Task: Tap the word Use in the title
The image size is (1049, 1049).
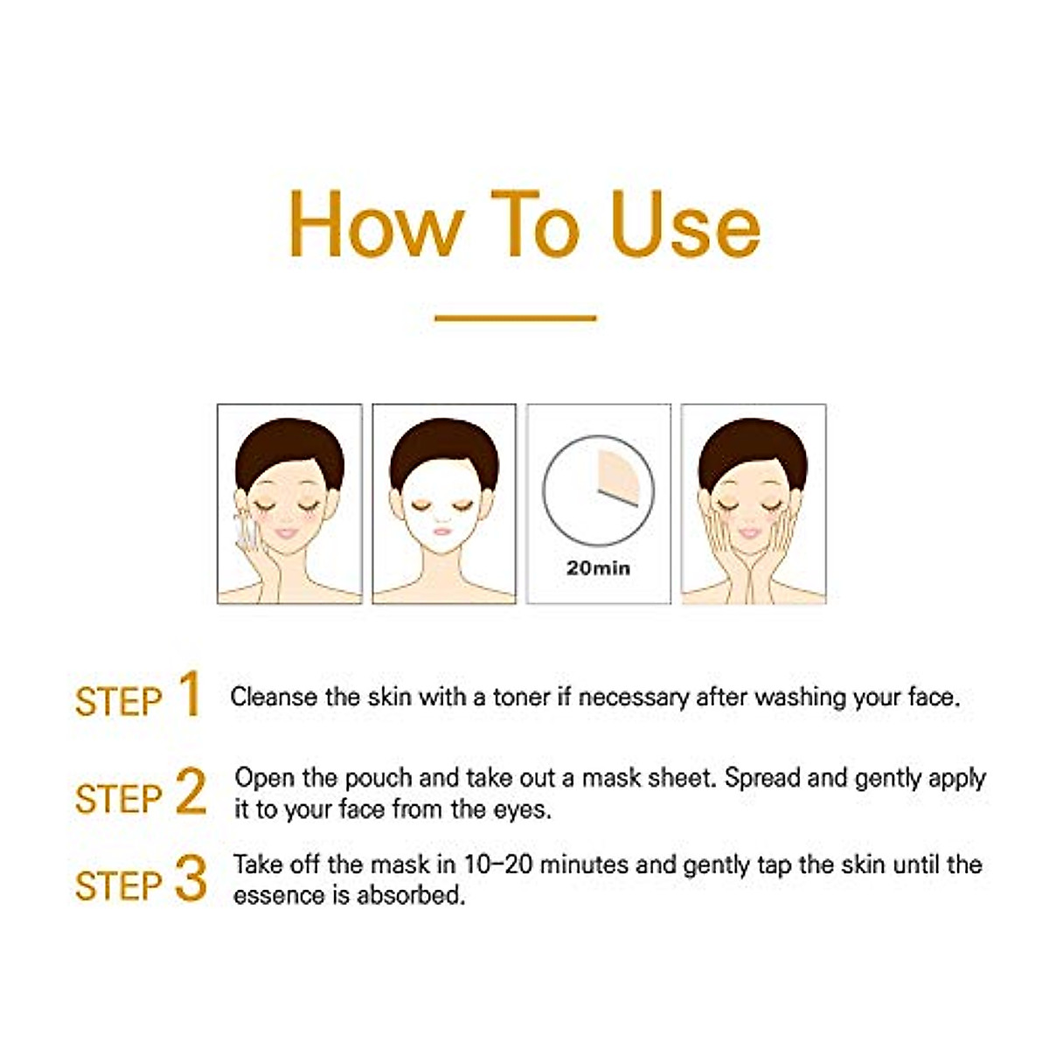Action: [x=685, y=225]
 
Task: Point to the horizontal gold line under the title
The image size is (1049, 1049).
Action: [x=515, y=318]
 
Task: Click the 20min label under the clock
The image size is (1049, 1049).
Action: [x=598, y=568]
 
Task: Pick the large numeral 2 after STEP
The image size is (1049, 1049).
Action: [x=191, y=792]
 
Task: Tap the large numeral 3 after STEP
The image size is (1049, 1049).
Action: [x=191, y=879]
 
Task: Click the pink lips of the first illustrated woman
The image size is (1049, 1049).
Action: [x=287, y=533]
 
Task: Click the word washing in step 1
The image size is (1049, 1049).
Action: [x=802, y=698]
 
